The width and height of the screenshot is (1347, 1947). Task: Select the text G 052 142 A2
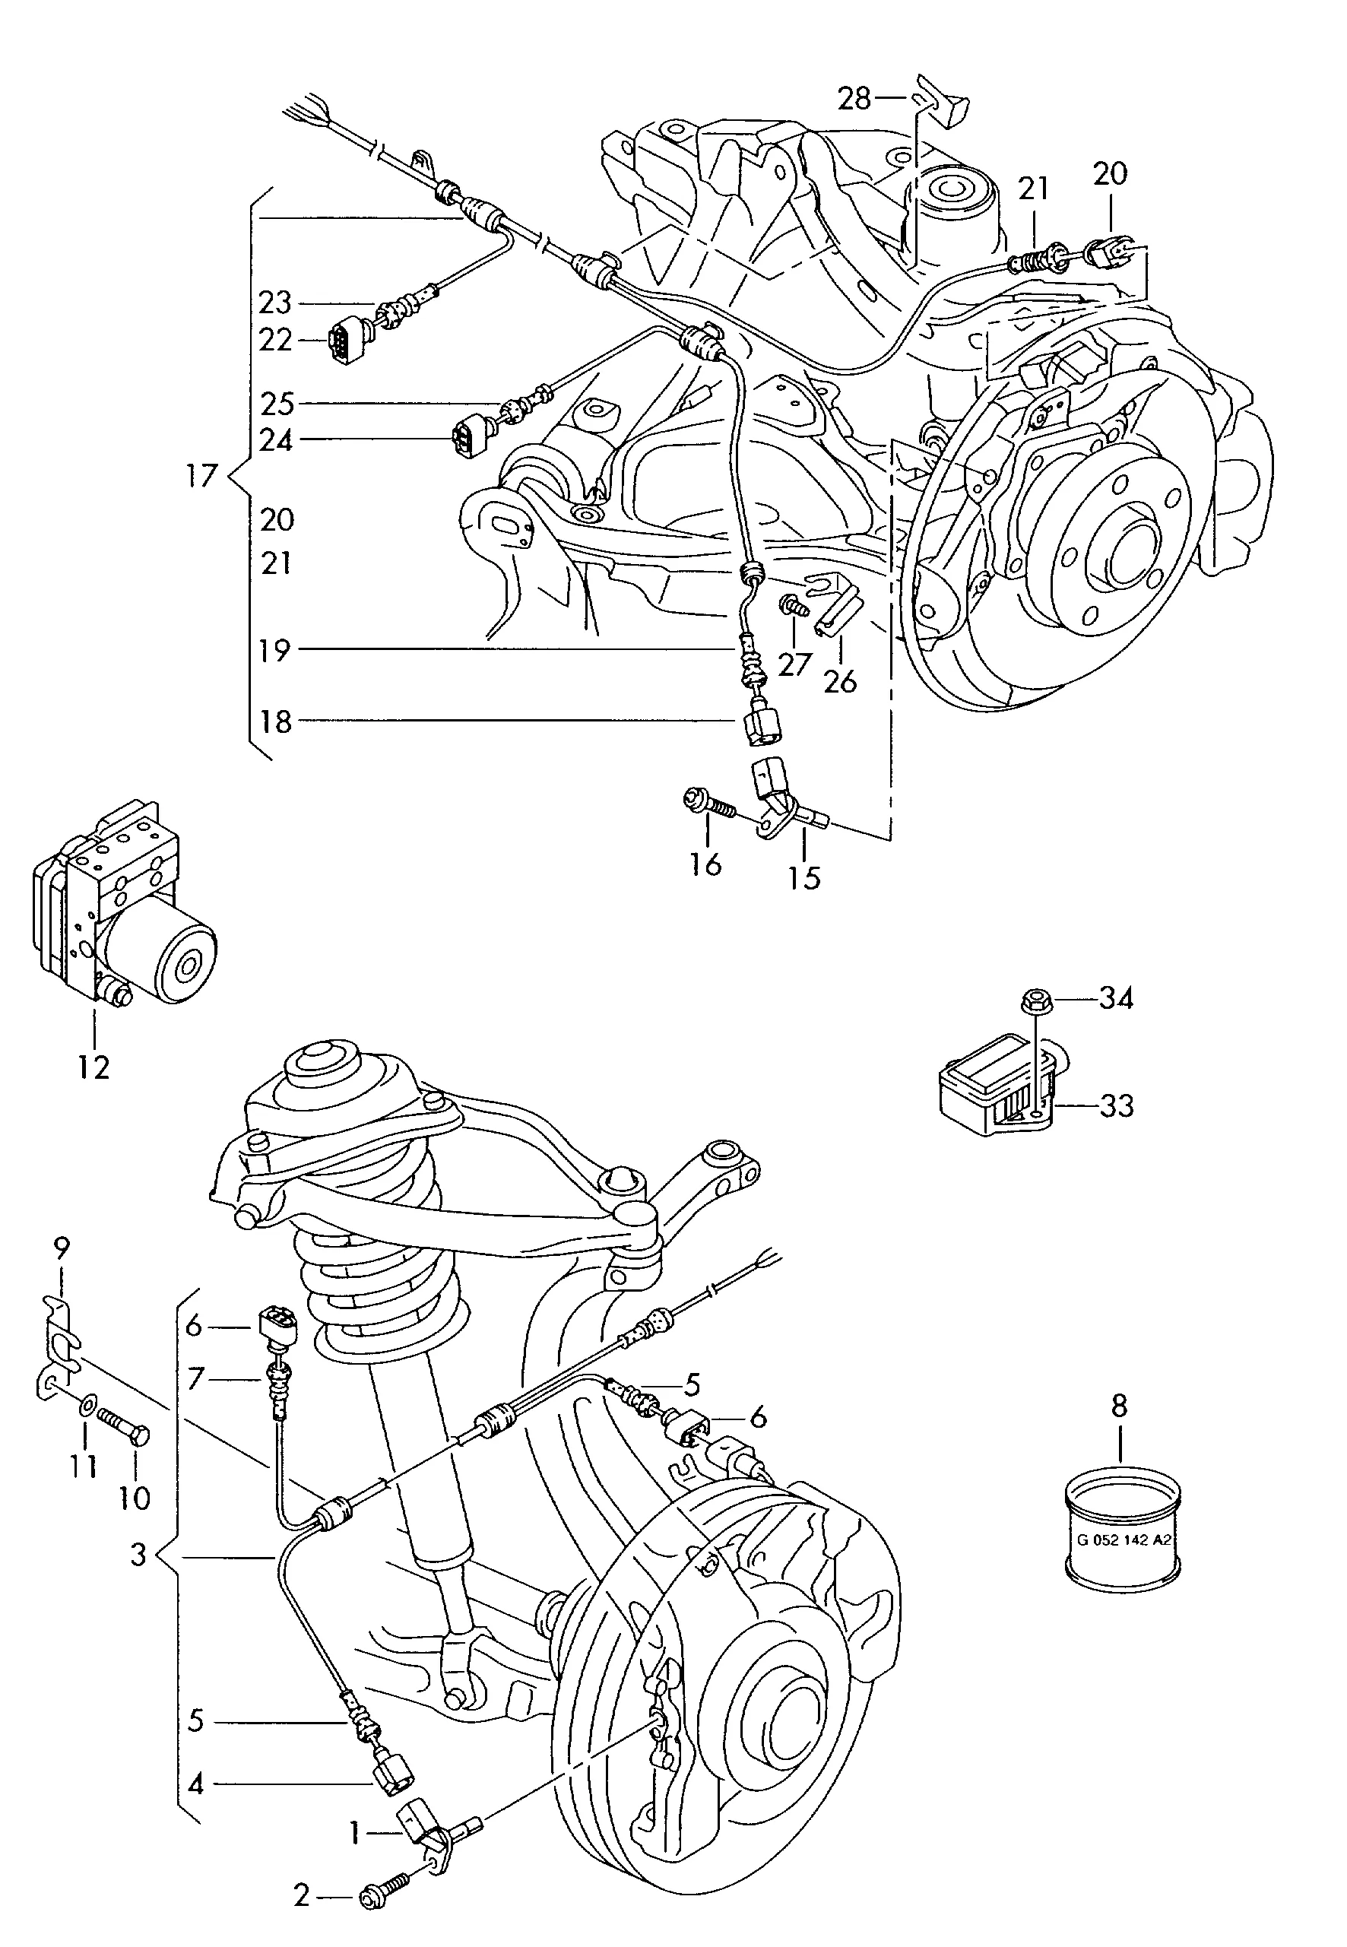(1124, 1540)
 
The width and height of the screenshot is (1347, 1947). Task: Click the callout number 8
(1119, 1406)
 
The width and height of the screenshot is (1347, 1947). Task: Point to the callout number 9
(61, 1247)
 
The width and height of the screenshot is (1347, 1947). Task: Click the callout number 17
(201, 476)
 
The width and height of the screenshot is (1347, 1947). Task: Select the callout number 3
(138, 1555)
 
